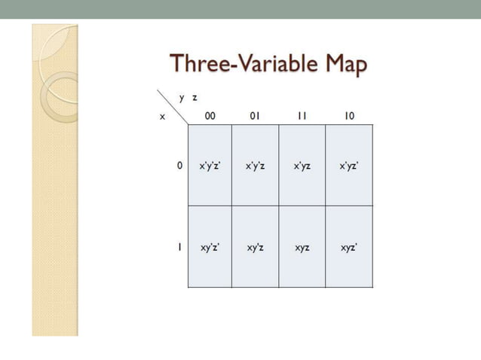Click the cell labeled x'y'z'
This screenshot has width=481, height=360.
point(210,165)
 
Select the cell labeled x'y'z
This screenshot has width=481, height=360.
point(255,165)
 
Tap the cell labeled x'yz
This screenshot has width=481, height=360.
point(302,165)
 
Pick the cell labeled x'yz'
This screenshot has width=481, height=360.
point(349,165)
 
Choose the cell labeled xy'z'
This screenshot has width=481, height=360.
point(210,246)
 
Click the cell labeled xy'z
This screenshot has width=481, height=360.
point(255,246)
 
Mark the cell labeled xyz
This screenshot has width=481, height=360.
point(302,246)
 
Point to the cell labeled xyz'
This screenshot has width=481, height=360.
point(349,246)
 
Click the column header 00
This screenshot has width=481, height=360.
point(210,116)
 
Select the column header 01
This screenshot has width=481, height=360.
point(255,116)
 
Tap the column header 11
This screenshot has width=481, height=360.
point(302,116)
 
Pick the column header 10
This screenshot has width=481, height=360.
point(349,116)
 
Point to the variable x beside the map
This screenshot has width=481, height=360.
point(162,117)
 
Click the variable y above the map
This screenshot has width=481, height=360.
point(182,98)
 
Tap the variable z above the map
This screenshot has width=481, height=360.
point(195,98)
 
